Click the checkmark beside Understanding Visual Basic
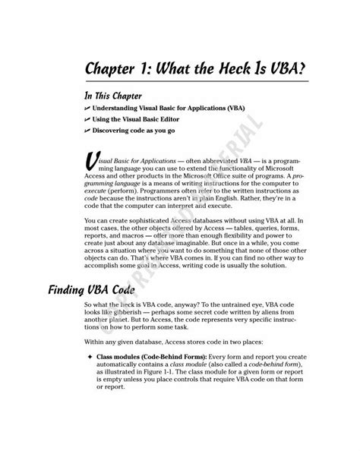[90, 110]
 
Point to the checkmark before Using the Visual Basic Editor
[90, 122]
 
